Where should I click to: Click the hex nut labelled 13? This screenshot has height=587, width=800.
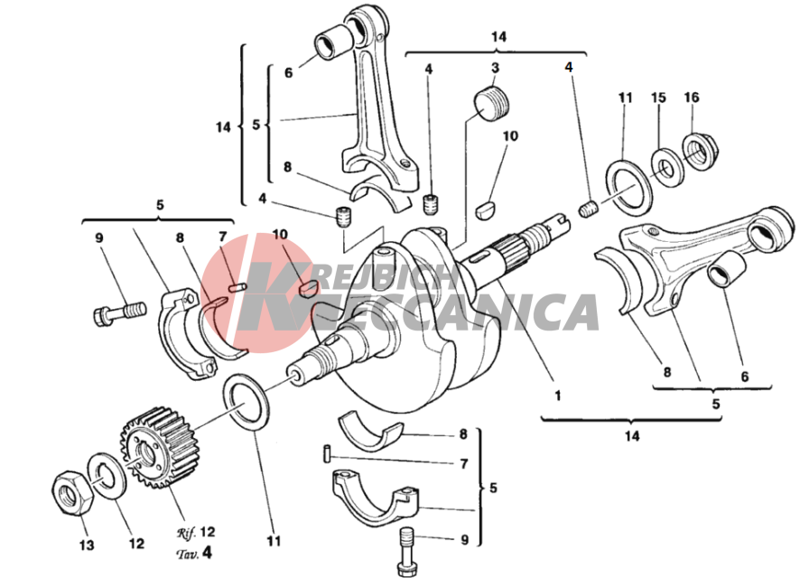(72, 493)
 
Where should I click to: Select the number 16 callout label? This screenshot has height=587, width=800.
(692, 97)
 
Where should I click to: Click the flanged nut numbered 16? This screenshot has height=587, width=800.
(700, 151)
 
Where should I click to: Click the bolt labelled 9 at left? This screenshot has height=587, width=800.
(119, 312)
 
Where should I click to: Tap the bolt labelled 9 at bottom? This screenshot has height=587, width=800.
(407, 551)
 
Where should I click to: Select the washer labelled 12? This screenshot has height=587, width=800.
(107, 476)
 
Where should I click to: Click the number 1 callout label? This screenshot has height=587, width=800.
(558, 395)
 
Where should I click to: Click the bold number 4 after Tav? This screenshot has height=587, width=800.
(206, 553)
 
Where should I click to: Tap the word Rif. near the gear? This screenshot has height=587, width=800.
(187, 533)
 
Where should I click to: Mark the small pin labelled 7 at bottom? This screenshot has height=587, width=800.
(327, 453)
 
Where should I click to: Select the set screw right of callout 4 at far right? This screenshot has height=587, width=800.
(589, 209)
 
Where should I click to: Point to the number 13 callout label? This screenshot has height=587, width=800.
(87, 545)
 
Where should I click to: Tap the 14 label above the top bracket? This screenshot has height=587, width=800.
(499, 37)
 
